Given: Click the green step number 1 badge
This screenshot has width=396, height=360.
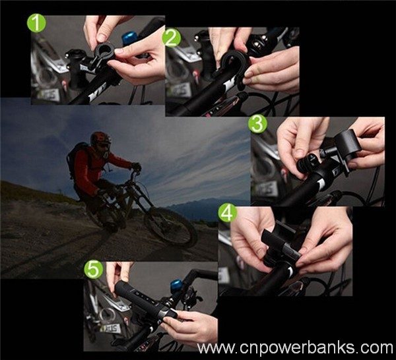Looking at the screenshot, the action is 36,24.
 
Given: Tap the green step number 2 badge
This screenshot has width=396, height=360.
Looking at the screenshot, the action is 172,38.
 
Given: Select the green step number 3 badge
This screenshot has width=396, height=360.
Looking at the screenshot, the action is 257,124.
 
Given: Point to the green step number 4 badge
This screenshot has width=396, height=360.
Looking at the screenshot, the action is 228,213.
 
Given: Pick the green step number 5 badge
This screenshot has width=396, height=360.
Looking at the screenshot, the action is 94,270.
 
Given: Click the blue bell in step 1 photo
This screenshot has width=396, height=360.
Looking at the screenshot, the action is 129,37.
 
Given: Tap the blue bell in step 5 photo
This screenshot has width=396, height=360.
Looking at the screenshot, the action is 177,285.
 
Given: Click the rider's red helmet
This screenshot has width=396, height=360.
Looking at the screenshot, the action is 100,138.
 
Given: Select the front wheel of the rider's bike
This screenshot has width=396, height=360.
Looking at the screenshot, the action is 170,227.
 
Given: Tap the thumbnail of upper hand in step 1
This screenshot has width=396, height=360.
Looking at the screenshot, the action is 102,38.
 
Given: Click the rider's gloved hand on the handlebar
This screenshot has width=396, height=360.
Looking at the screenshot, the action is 137,167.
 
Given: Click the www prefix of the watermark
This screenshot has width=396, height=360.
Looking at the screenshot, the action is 216,349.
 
